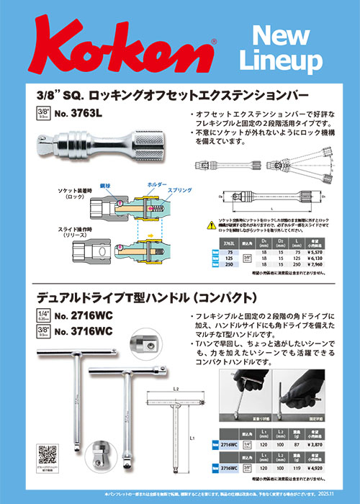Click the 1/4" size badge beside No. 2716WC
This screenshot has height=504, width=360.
tap(44, 315)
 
